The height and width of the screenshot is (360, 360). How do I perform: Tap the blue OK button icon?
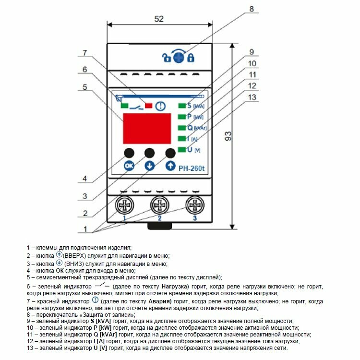click(x=129, y=166)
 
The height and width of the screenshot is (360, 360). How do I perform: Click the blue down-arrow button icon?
click(x=150, y=166)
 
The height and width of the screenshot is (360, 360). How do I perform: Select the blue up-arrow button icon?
click(x=170, y=166)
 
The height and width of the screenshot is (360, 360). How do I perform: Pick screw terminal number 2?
click(x=159, y=206)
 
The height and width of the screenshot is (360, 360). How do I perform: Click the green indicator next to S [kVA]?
click(x=182, y=106)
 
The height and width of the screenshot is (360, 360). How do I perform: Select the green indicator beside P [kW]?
click(x=182, y=117)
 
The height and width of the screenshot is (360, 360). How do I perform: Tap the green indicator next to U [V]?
click(x=182, y=150)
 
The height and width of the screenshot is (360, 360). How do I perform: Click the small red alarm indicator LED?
click(x=149, y=106)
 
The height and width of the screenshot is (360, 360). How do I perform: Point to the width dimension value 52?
click(x=159, y=19)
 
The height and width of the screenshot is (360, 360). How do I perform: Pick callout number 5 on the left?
click(x=84, y=87)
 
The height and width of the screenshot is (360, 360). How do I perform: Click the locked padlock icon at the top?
click(x=191, y=59)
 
